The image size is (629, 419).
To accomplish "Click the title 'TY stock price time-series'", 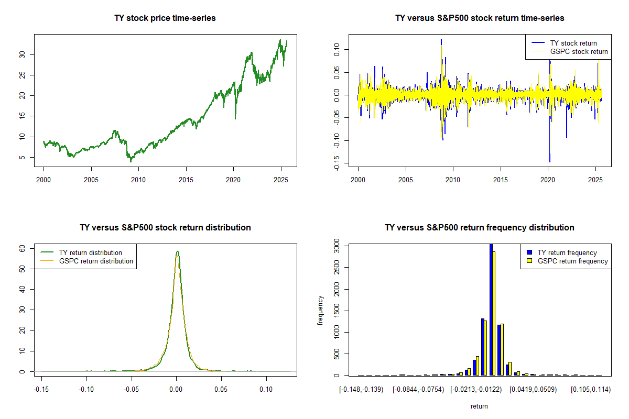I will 165,18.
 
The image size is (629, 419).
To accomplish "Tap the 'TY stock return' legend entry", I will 573,43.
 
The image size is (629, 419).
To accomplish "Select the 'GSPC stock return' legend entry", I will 579,51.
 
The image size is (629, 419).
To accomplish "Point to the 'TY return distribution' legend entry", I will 91,252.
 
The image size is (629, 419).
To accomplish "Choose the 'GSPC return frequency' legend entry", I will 572,261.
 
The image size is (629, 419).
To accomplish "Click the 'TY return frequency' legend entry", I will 567,252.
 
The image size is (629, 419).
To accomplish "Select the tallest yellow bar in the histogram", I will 494,313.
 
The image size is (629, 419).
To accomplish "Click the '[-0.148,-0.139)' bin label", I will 362,390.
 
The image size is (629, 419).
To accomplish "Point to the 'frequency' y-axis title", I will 321,311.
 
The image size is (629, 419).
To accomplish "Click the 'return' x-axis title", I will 479,406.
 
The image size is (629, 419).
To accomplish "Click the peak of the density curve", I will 177,251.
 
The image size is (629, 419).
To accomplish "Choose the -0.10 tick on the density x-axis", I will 86,390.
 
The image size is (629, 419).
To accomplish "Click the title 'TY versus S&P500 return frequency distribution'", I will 479,228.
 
